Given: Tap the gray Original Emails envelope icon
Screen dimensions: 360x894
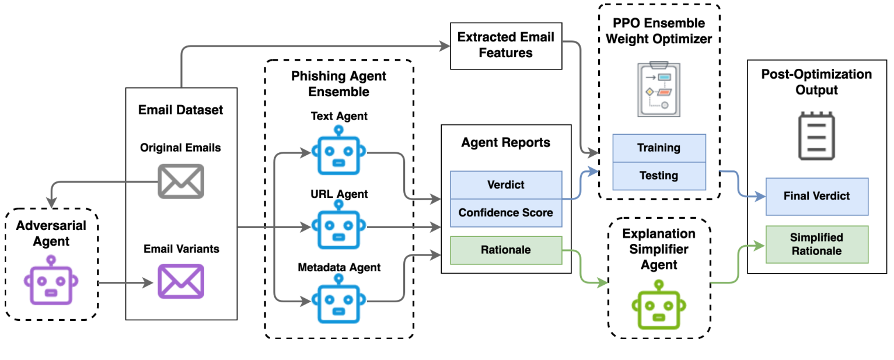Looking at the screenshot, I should pos(181,181).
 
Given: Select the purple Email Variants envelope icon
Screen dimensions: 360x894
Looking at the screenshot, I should pos(181,281).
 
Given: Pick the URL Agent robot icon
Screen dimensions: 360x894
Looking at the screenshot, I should pos(338,225).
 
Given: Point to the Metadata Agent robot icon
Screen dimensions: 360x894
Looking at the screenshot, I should pos(338,299).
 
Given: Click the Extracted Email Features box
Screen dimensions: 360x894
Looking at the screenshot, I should pos(505,45).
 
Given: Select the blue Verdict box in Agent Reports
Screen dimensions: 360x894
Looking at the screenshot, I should pos(505,185).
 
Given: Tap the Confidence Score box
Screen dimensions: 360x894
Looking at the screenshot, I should pos(505,213).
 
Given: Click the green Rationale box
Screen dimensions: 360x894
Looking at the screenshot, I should pos(505,250).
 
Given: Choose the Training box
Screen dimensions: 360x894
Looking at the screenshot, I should pos(658,148).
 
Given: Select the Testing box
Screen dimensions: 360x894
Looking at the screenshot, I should pos(658,176).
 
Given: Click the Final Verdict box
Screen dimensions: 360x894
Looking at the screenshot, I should pos(816,196).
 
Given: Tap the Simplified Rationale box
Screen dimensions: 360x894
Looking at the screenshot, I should pos(816,244).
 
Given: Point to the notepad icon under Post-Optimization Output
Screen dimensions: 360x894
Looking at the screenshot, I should pos(816,135).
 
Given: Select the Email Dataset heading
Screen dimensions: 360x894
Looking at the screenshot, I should pos(181,110).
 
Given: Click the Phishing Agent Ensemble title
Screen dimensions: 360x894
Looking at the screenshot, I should pos(338,84).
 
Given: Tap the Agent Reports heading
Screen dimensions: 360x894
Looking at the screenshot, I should pos(505,142).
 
